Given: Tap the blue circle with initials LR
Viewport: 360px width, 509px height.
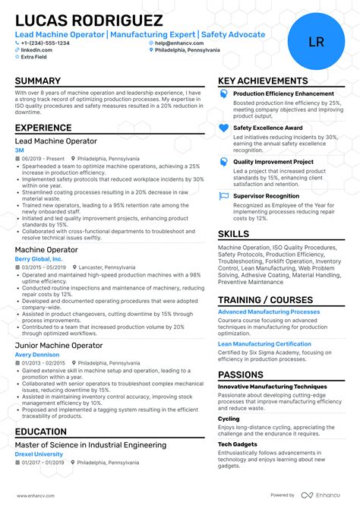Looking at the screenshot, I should click(316, 42).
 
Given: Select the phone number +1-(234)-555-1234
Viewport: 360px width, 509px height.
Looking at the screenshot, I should click(45, 43).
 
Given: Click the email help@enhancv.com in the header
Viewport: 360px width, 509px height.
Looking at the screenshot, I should click(178, 43).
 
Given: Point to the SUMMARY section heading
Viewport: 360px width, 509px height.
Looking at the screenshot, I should click(37, 81).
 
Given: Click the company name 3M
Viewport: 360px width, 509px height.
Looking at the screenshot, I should click(19, 150).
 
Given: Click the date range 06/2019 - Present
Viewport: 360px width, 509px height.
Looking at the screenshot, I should click(43, 159).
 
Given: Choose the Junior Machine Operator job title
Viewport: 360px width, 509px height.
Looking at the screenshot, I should click(58, 346).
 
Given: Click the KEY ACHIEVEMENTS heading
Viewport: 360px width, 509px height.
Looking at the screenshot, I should click(263, 81).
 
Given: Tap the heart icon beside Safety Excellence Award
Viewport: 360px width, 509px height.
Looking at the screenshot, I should click(223, 128).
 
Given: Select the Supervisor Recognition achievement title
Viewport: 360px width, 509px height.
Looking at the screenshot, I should click(266, 195).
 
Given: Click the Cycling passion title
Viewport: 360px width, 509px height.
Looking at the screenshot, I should click(229, 419).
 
